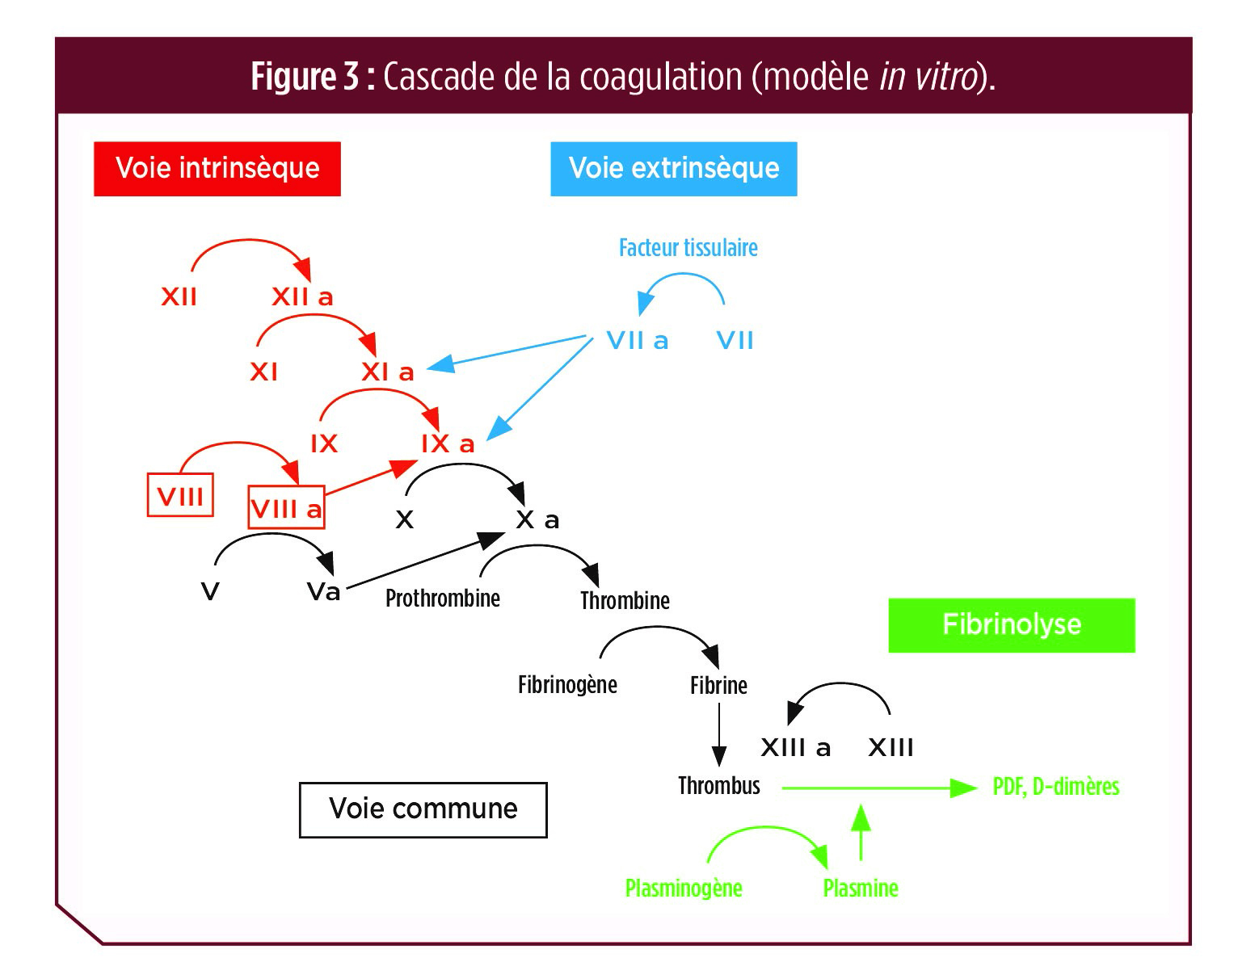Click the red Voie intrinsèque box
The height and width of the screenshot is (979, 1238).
(x=217, y=169)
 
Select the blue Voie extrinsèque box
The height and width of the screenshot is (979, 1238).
(x=673, y=169)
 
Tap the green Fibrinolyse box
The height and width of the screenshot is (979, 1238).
(x=1011, y=624)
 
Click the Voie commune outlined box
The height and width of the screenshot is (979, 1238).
(x=423, y=809)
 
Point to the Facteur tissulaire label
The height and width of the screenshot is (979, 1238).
(x=688, y=247)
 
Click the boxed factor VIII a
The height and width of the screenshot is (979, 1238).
(x=286, y=508)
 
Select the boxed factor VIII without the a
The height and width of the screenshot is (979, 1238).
(x=180, y=494)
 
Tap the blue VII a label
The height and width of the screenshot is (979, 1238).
(x=638, y=341)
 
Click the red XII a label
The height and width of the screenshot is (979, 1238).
(x=302, y=297)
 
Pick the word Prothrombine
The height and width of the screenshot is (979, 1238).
(x=442, y=598)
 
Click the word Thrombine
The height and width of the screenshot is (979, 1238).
(x=625, y=600)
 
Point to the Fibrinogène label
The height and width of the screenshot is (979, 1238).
(x=567, y=685)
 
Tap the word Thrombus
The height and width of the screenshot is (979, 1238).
(x=718, y=785)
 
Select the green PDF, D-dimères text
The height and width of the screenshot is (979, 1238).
(x=1055, y=786)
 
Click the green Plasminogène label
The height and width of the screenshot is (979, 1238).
(x=684, y=888)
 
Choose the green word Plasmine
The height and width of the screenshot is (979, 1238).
(x=860, y=888)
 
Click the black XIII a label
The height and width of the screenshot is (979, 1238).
(x=795, y=747)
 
